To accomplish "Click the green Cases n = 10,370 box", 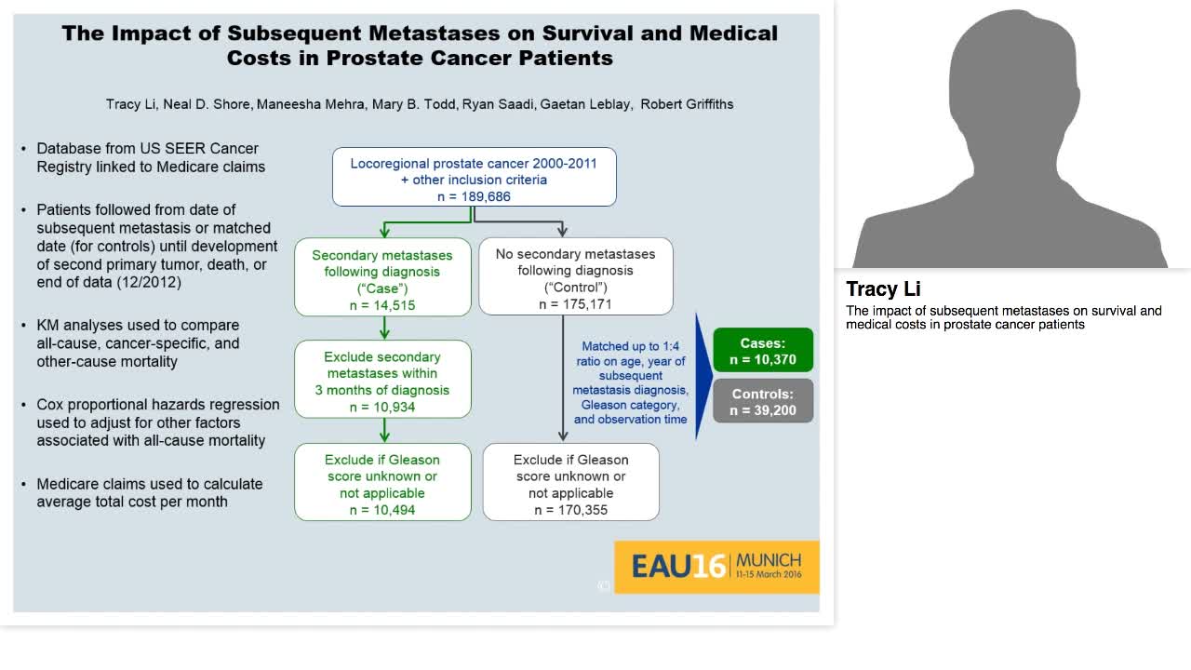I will click(x=762, y=351).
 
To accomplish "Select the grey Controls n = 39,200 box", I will click(x=762, y=401).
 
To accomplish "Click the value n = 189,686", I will click(x=474, y=196).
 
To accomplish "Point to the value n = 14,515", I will click(x=382, y=305).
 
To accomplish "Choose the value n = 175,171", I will click(x=575, y=304).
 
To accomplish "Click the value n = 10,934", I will click(x=382, y=407).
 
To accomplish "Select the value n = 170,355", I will click(x=570, y=510).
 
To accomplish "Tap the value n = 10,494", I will click(x=382, y=510).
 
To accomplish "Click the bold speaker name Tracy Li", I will click(x=883, y=288).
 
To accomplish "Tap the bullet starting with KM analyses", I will click(x=138, y=342).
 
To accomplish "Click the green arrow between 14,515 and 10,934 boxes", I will click(x=384, y=328).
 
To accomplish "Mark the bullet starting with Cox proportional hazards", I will click(x=158, y=422).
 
